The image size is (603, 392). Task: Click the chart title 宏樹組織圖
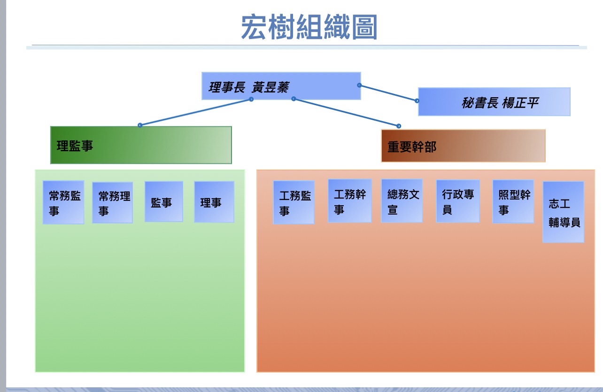[x=309, y=27]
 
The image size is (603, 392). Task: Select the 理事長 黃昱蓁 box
[x=281, y=86]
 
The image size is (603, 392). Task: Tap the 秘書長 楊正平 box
[x=494, y=102]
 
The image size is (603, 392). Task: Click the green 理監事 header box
[x=141, y=145]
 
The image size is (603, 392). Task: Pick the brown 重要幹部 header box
[x=463, y=146]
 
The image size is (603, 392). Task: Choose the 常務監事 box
[x=63, y=202]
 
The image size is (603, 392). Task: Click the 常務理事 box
[x=113, y=203]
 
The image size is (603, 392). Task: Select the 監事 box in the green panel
[x=163, y=202]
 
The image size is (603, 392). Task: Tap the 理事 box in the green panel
[x=214, y=202]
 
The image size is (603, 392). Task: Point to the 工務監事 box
[x=294, y=203]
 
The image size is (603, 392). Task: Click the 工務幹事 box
[x=349, y=201]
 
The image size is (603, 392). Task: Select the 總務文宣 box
[x=402, y=201]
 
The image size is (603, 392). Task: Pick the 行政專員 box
[x=457, y=201]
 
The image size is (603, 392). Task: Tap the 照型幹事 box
[x=513, y=201]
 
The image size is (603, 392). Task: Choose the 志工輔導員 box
[x=563, y=212]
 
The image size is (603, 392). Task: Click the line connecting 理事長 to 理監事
[x=195, y=112]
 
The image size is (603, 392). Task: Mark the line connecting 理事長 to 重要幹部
[x=346, y=112]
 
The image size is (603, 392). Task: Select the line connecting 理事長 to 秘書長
[x=388, y=93]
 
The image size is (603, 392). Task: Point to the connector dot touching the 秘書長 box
[x=417, y=100]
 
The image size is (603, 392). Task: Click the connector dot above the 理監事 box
[x=140, y=125]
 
